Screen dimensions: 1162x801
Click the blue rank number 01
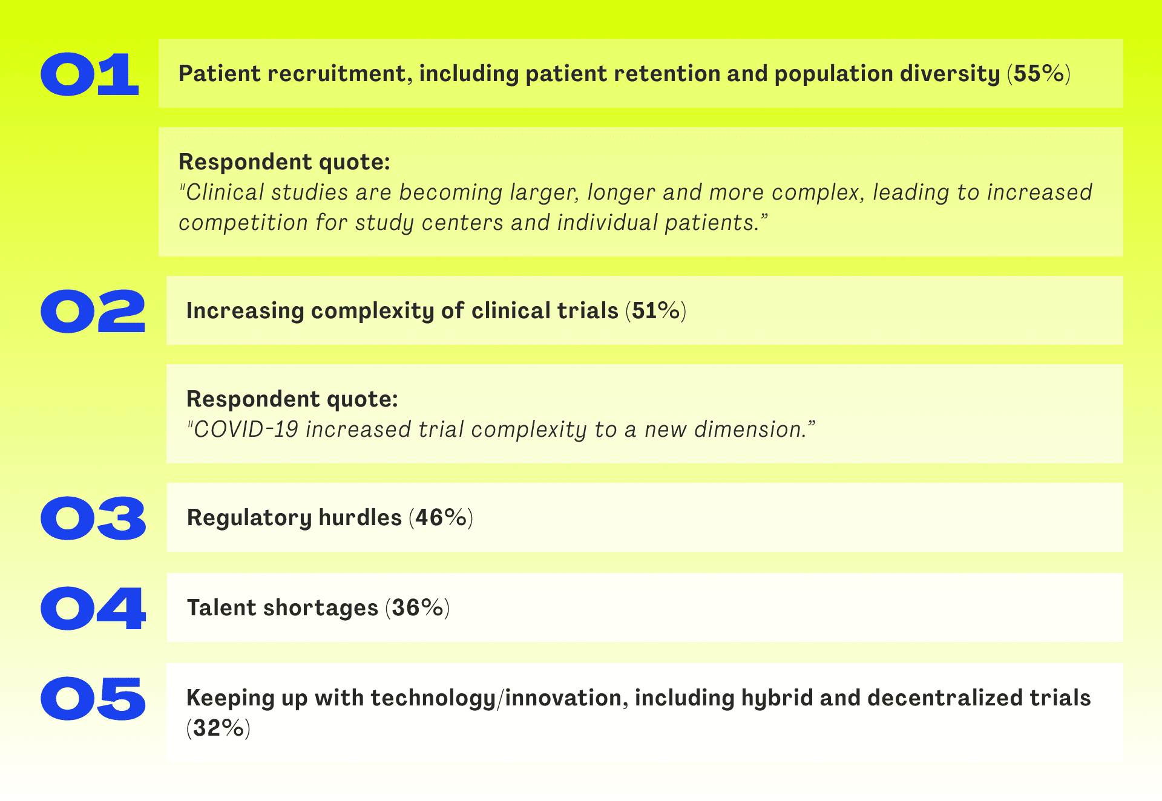(90, 74)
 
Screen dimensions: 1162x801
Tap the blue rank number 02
(93, 311)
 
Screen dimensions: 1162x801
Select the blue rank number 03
(93, 518)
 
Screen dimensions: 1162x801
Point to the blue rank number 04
(93, 609)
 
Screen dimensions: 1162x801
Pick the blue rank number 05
(93, 699)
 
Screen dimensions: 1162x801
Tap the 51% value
(656, 311)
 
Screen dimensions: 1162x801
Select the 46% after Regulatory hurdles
(441, 518)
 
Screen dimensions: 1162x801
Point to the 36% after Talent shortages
(418, 608)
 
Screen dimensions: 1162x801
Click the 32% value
(218, 728)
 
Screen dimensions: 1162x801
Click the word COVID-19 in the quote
(246, 430)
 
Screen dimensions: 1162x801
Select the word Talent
(222, 608)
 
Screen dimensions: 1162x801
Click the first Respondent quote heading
(284, 162)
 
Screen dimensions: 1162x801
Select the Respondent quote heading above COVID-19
(292, 399)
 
